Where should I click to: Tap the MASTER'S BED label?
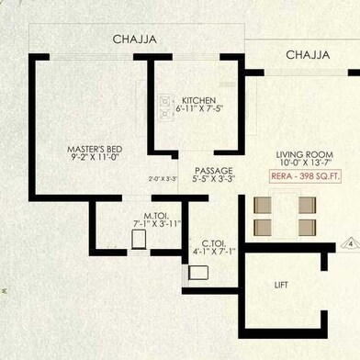pos(95,150)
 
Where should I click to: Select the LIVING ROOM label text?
pos(305,154)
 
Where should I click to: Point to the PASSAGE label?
pos(214,171)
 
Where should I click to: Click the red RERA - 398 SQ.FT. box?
pos(305,176)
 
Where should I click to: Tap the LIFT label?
pos(281,286)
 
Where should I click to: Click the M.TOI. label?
pos(156,216)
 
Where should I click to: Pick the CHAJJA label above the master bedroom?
pos(135,39)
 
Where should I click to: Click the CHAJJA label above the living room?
pos(308,55)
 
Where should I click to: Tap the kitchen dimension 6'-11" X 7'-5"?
pos(199,108)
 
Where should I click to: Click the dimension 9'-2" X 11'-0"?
pos(95,157)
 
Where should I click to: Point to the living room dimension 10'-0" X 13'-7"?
pos(305,163)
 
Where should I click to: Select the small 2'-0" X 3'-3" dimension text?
pos(163,179)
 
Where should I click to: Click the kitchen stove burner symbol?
pos(164,107)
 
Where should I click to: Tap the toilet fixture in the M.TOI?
pos(139,239)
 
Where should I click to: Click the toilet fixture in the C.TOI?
pos(198,273)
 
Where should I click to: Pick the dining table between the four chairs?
pos(285,214)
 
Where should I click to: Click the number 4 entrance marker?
pos(350,244)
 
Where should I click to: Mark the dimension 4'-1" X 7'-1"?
pos(215,252)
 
